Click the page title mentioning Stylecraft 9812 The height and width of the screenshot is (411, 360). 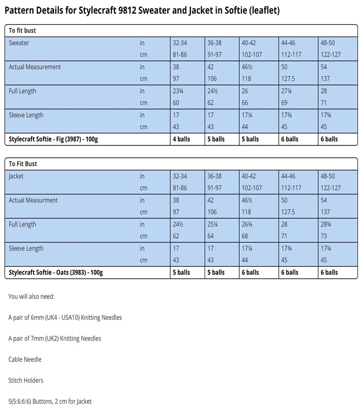(142, 10)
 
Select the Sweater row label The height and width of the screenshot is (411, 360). (19, 43)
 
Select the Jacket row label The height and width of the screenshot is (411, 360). (16, 176)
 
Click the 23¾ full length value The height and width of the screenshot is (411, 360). (179, 91)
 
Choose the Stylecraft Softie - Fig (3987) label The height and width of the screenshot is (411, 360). (56, 139)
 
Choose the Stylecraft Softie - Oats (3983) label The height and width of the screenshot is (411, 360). (56, 272)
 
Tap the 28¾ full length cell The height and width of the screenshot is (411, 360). (327, 225)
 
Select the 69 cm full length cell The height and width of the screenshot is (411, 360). (285, 103)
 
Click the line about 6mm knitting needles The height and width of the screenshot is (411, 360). (65, 317)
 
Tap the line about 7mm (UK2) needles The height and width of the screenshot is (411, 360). (55, 339)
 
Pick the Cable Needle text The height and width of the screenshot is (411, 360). (25, 360)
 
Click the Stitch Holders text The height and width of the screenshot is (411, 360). (26, 381)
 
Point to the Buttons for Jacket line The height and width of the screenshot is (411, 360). (50, 401)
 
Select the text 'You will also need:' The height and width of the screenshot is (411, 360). (31, 296)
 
